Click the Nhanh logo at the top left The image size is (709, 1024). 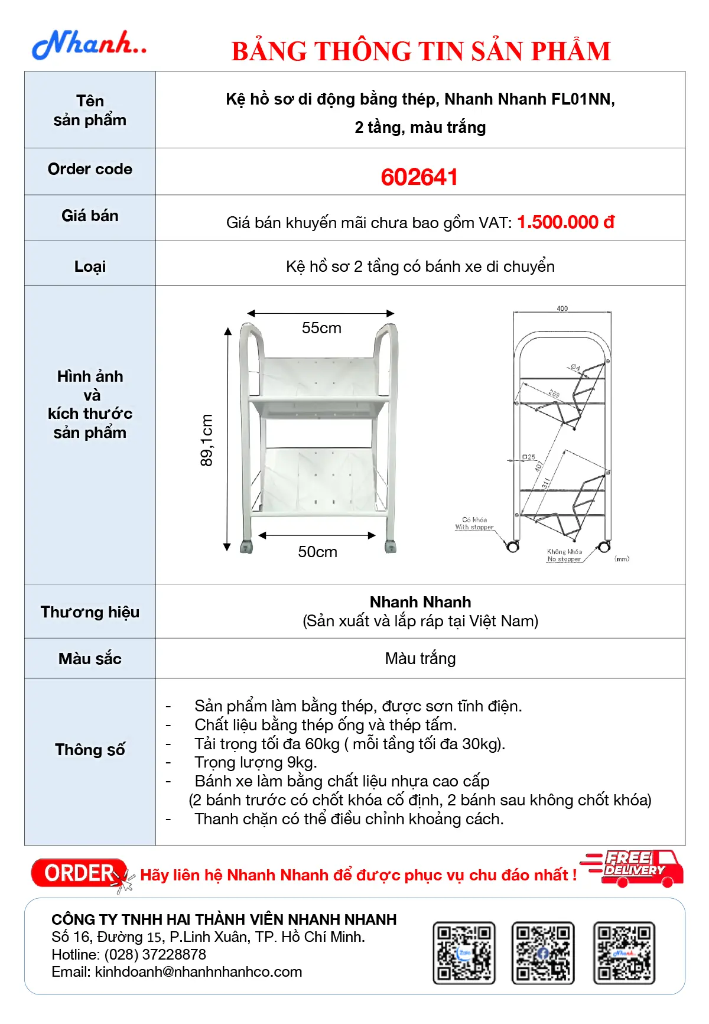coord(89,45)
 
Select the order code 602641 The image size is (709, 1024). coord(419,177)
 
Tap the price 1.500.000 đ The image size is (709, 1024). coord(565,222)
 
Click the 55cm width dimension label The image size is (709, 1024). coord(321,328)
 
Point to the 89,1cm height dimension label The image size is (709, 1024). coord(206,440)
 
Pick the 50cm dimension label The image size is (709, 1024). coord(317,552)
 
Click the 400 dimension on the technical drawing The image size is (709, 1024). coord(562,308)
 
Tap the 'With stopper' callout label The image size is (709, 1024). coord(474,527)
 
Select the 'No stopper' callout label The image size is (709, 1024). coord(564,559)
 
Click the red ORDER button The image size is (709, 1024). coord(79,873)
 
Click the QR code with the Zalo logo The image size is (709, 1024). coord(464,953)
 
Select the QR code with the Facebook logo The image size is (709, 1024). coord(542,953)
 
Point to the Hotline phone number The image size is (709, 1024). coord(155,954)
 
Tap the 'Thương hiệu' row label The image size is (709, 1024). coord(90,612)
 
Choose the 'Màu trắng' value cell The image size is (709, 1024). coord(420,658)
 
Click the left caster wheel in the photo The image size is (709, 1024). coord(246,547)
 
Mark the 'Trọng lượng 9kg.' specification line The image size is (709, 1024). coord(256,762)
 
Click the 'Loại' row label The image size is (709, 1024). coord(90,266)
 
